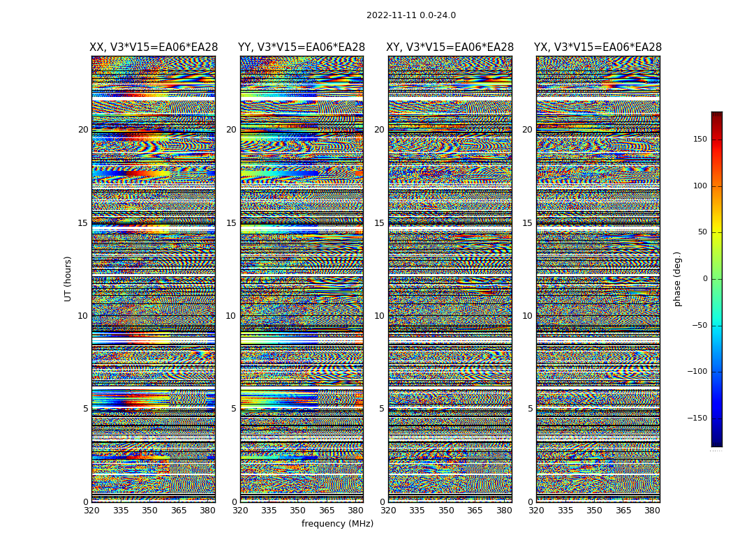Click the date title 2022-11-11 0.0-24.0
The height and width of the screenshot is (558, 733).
coord(410,15)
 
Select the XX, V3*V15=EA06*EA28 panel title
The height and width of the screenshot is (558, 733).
coord(154,47)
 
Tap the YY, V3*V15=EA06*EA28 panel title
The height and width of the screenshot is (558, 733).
coord(302,47)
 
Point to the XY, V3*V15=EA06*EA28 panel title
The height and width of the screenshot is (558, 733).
coord(450,47)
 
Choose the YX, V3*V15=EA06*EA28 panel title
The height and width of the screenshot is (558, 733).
coord(598,47)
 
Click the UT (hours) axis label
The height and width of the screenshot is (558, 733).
coord(68,278)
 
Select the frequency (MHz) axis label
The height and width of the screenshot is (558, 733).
coord(337,524)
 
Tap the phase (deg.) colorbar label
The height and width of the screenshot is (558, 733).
coord(677,278)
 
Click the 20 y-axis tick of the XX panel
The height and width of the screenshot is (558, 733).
coord(83,130)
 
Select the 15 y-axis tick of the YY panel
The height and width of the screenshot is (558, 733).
coord(231,223)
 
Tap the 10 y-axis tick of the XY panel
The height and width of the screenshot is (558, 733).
coord(379,316)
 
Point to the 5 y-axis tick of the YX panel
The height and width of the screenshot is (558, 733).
coord(530,409)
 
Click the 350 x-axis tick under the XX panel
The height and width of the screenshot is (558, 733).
coord(149,511)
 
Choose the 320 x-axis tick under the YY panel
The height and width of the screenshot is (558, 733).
coord(240,511)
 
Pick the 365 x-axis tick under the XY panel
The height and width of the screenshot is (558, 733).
coord(475,511)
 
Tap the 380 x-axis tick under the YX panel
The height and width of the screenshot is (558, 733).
coord(652,511)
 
